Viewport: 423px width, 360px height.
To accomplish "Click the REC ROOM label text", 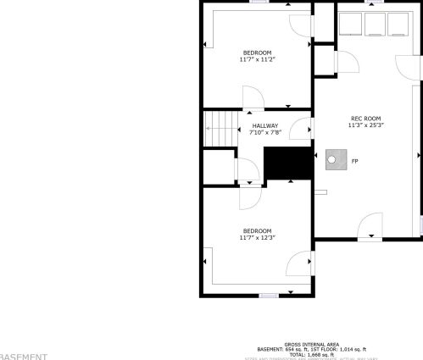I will point(365,118).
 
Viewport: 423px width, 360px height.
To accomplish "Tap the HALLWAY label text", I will point(264,126).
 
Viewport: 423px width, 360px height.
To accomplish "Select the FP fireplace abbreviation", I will point(354,160).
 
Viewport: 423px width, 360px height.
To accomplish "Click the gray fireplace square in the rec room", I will point(336,159).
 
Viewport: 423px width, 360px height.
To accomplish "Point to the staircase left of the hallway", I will point(220,128).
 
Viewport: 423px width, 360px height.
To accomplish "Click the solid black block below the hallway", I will point(288,163).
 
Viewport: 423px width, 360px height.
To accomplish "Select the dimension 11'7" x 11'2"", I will point(257,60).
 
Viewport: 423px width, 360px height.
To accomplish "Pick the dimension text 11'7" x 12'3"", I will point(257,238).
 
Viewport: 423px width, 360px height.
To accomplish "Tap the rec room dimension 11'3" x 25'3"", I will point(365,125).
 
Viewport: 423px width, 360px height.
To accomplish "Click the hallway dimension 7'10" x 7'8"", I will point(264,133).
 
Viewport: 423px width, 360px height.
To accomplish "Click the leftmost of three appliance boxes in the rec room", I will point(350,23).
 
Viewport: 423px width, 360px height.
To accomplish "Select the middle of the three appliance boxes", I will point(374,23).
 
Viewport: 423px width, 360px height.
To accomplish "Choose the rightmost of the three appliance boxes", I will point(397,23).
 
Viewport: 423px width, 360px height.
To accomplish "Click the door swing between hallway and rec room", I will point(301,130).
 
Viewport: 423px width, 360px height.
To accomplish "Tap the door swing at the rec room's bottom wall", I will point(370,227).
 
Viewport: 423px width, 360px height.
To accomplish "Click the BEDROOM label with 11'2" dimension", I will point(257,53).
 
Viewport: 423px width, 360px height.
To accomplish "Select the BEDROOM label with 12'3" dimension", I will point(257,231).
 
